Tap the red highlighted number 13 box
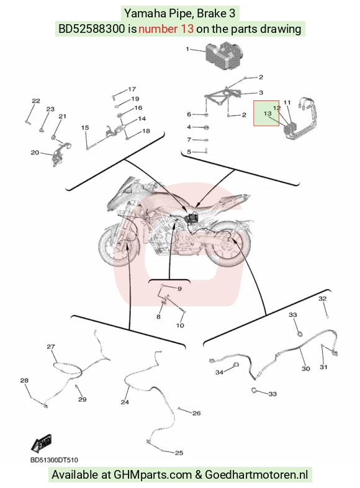click(266, 113)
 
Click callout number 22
click(36, 101)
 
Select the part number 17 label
click(132, 89)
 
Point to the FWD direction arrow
click(42, 443)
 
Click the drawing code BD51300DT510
click(54, 460)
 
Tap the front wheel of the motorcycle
click(119, 247)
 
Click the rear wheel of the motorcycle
click(230, 243)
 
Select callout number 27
click(51, 347)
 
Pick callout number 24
click(125, 402)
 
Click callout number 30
click(306, 368)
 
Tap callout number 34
click(220, 372)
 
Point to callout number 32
click(322, 298)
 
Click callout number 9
click(179, 289)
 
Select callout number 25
click(179, 453)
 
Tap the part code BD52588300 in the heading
click(92, 29)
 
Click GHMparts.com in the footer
click(153, 475)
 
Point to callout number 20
click(35, 153)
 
